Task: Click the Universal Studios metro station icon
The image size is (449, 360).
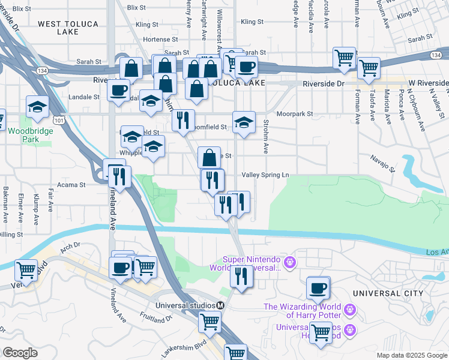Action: click(220, 305)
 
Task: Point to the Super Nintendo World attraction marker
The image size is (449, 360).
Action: click(290, 262)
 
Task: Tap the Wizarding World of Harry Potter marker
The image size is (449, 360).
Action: click(351, 310)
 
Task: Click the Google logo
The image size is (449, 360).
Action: click(20, 353)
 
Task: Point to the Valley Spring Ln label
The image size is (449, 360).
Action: click(265, 175)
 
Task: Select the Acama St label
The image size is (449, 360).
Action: click(71, 185)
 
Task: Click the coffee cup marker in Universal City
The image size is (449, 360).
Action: click(318, 287)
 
